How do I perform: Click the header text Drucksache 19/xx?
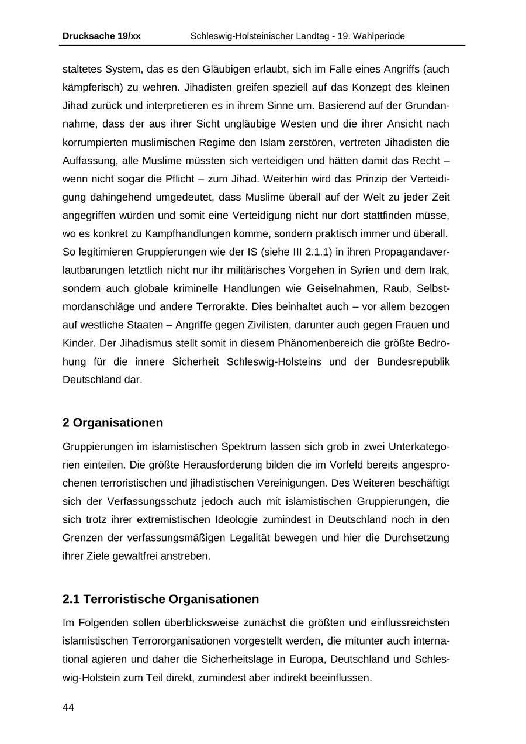click(101, 36)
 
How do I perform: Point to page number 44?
click(68, 708)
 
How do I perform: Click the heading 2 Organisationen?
click(113, 422)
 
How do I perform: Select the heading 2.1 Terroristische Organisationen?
click(161, 599)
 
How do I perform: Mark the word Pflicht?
click(154, 178)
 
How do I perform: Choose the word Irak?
click(438, 270)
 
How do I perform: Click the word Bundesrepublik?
click(413, 361)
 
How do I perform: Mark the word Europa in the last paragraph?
click(304, 659)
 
